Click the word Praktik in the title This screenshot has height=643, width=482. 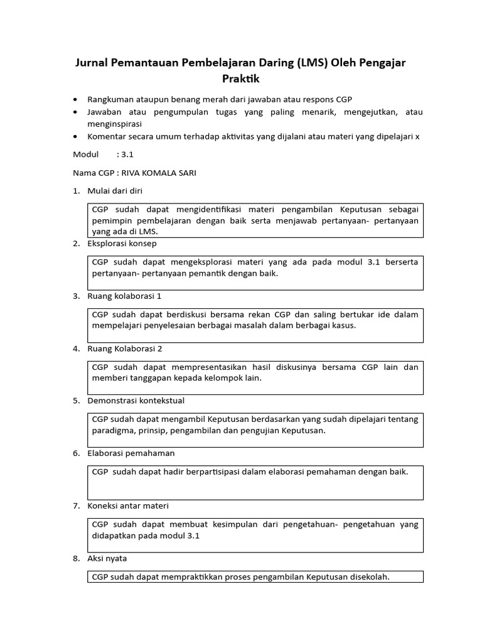pyautogui.click(x=240, y=79)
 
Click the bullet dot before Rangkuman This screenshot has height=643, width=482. pyautogui.click(x=76, y=100)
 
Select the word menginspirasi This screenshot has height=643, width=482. pyautogui.click(x=115, y=124)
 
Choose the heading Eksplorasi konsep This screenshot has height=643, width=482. pyautogui.click(x=122, y=243)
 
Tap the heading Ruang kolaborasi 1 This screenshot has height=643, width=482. pyautogui.click(x=126, y=296)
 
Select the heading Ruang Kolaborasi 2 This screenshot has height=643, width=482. pyautogui.click(x=126, y=348)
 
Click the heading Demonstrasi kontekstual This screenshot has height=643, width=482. pyautogui.click(x=136, y=400)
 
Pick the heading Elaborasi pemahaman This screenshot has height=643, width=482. pyautogui.click(x=131, y=453)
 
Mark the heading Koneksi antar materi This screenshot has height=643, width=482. pyautogui.click(x=128, y=505)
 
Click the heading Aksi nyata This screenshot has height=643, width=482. pyautogui.click(x=108, y=558)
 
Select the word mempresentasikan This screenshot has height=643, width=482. pyautogui.click(x=205, y=366)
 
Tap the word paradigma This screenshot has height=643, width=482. pyautogui.click(x=113, y=431)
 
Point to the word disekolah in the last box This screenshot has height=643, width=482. pyautogui.click(x=369, y=576)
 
